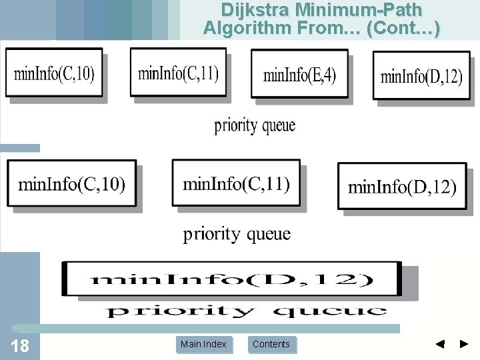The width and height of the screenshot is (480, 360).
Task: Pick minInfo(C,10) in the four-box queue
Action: pos(54,73)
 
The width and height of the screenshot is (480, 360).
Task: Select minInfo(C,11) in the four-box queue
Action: pos(178,72)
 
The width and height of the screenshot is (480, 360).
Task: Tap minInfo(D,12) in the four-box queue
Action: pos(421,76)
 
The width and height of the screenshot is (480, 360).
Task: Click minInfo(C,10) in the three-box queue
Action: pos(71,183)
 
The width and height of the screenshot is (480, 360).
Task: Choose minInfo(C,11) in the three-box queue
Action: pos(236,182)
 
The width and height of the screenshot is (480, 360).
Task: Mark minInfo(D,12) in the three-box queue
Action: pos(402,187)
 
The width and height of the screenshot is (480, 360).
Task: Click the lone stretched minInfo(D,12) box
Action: pos(231,279)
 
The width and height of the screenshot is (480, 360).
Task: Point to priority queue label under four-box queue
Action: pos(255,125)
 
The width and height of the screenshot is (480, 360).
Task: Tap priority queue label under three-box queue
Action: pos(237,234)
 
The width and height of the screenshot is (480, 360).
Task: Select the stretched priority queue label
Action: pos(247,311)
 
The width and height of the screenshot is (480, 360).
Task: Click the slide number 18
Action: pos(21,345)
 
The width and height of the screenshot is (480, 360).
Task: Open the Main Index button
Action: pos(203,344)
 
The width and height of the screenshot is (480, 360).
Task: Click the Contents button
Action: pos(271,344)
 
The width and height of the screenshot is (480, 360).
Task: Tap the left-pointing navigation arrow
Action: pos(440,344)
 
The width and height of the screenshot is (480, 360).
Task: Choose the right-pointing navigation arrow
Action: pos(465,344)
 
